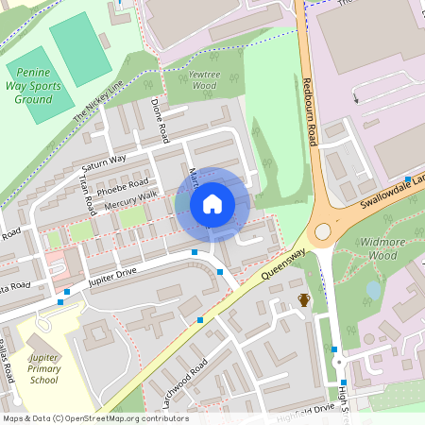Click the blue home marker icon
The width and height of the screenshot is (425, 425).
point(212,204)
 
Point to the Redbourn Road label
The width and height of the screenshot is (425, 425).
point(308,110)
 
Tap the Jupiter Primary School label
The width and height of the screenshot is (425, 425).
point(43,369)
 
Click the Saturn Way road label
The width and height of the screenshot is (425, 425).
point(103,160)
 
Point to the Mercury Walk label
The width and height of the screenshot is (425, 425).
point(131,199)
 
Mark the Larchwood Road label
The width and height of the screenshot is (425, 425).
point(185,382)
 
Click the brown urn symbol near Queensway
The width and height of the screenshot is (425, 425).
point(304,300)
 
